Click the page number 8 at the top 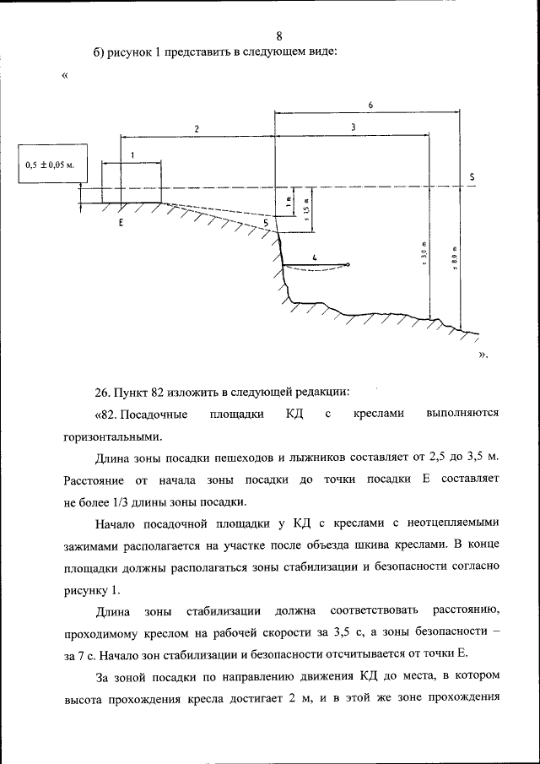click(x=278, y=35)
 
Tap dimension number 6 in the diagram click(x=370, y=104)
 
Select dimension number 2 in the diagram click(x=196, y=128)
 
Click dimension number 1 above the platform click(x=132, y=155)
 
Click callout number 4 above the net click(x=315, y=257)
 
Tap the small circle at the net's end click(x=348, y=265)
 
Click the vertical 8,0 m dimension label click(x=453, y=257)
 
